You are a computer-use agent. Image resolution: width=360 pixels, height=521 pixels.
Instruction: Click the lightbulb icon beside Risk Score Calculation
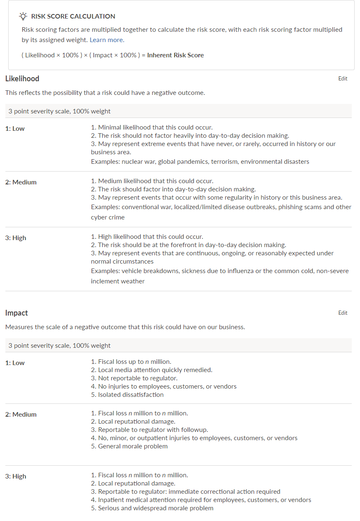23,17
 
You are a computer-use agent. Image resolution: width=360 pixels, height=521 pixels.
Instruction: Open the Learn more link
106,40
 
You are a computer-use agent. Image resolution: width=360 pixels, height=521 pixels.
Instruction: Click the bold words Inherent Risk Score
175,55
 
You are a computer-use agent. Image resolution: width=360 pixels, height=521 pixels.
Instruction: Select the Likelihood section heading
22,79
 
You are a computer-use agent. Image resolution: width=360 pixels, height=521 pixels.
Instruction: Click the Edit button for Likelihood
343,79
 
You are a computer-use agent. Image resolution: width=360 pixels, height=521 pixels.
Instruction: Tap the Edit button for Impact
343,313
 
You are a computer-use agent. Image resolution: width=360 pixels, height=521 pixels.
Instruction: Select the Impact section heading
16,313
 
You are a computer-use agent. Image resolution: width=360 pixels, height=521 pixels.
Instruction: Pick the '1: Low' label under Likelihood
15,129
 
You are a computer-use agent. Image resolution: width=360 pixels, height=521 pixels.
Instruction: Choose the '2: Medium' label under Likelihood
21,182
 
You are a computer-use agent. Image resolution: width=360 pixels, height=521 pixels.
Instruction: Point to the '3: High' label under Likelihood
16,238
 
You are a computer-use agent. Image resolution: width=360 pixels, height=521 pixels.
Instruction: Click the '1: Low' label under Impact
15,363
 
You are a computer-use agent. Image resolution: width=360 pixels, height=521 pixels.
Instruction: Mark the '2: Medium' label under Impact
21,415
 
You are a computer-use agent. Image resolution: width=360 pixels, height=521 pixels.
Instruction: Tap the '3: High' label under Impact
16,476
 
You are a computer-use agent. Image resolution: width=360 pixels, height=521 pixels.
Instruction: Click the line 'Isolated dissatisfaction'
130,395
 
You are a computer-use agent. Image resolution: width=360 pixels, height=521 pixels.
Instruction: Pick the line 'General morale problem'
132,446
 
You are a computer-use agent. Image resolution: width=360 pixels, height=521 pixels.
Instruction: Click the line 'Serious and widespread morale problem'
155,508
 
